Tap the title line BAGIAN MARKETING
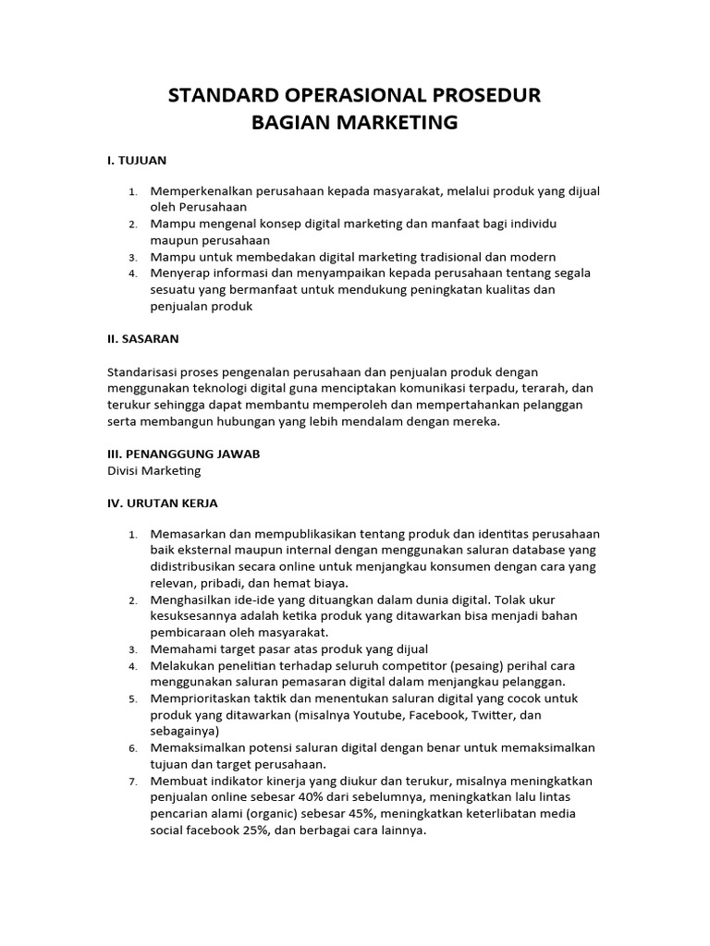coord(355,122)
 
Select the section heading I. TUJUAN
coord(137,160)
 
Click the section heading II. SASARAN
coord(143,339)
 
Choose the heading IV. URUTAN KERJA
coord(163,503)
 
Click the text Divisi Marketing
coord(154,470)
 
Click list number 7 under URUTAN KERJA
coord(133,782)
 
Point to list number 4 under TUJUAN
coord(133,273)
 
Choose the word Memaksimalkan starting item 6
coord(198,747)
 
